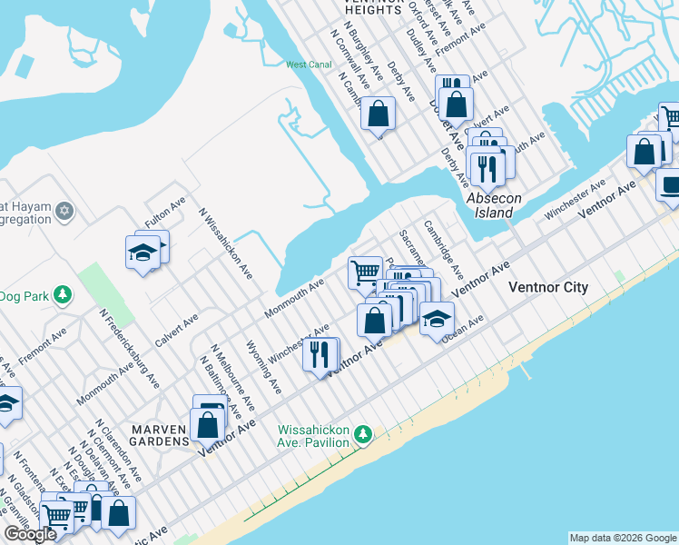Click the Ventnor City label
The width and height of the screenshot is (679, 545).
point(547,287)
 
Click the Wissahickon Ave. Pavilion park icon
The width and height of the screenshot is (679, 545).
point(363,435)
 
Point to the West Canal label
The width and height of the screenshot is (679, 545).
point(310,64)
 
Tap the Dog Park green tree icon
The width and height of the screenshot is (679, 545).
point(63,294)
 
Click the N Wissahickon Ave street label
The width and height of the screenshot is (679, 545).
point(226,243)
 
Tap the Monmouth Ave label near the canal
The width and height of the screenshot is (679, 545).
point(294,298)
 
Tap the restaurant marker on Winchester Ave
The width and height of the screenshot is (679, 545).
point(320,353)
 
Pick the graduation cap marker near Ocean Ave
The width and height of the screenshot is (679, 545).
point(437,319)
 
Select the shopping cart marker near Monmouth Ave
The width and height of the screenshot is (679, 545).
point(365,272)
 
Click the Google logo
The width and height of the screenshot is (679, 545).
point(31,534)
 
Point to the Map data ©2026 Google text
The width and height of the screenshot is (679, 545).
point(623,538)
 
